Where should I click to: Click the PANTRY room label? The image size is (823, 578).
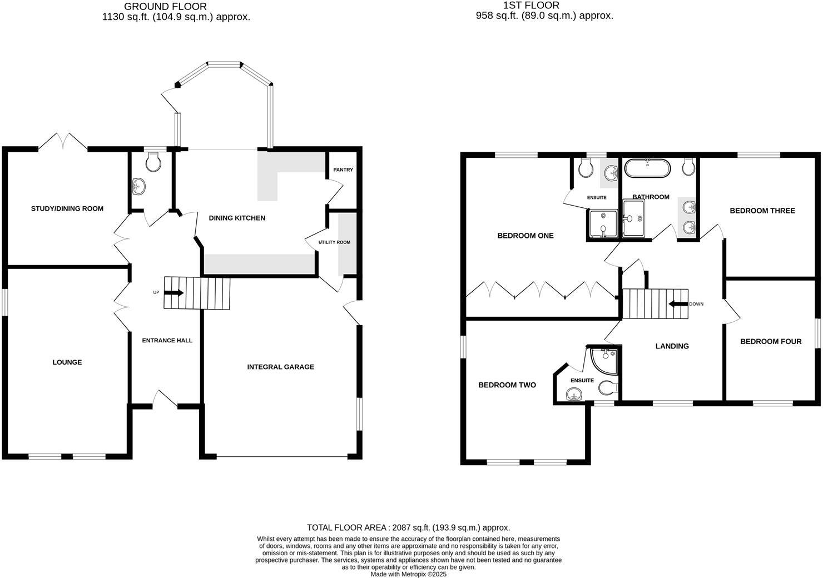tap(343, 170)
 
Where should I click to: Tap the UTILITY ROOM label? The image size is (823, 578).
tap(334, 242)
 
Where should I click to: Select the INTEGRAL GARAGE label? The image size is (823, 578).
tap(280, 367)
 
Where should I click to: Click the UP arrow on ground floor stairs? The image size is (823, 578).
tap(174, 293)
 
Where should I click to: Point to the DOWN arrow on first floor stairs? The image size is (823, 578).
tap(678, 304)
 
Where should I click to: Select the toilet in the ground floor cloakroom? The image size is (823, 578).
tap(152, 162)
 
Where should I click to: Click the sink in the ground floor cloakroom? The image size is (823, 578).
tap(139, 186)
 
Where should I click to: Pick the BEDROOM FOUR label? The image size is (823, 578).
tap(770, 342)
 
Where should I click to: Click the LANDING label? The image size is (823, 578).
tap(672, 346)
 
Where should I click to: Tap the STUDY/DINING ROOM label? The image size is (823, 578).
tap(67, 209)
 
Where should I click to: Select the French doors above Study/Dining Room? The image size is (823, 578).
tap(63, 141)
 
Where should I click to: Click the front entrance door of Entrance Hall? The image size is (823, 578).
tap(165, 399)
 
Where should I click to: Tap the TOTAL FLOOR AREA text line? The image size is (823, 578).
tap(408, 528)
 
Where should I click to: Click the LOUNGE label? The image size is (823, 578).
tap(67, 362)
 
